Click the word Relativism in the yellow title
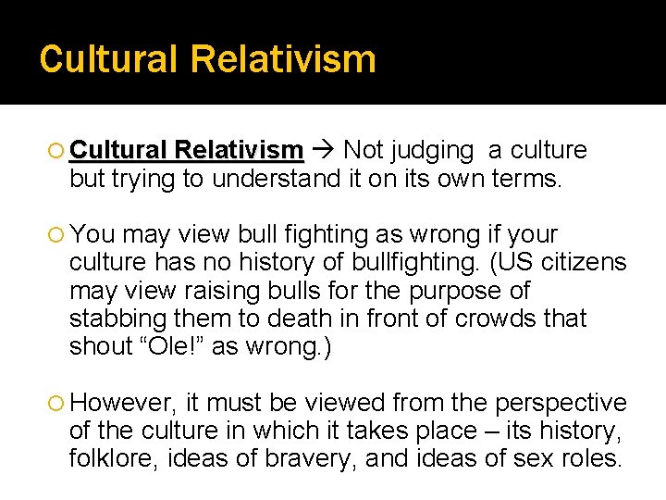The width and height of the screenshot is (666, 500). (283, 59)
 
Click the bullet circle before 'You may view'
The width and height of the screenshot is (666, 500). (58, 235)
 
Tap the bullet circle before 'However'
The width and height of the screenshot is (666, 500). (58, 404)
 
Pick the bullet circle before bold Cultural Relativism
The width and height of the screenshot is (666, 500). (58, 151)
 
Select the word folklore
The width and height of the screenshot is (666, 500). (112, 458)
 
